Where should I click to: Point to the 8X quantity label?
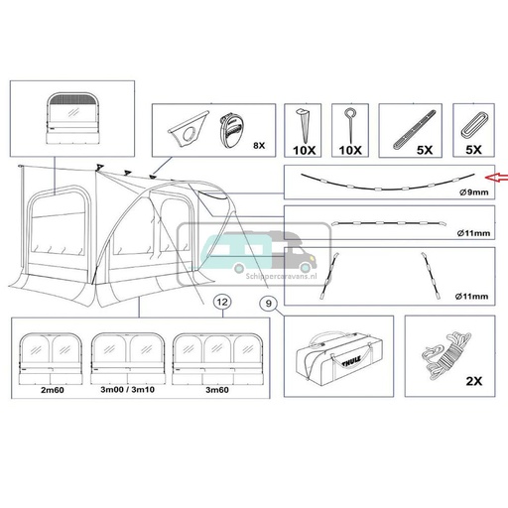click(260, 145)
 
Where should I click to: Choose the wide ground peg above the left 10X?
click(305, 125)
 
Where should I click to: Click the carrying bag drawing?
click(336, 356)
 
